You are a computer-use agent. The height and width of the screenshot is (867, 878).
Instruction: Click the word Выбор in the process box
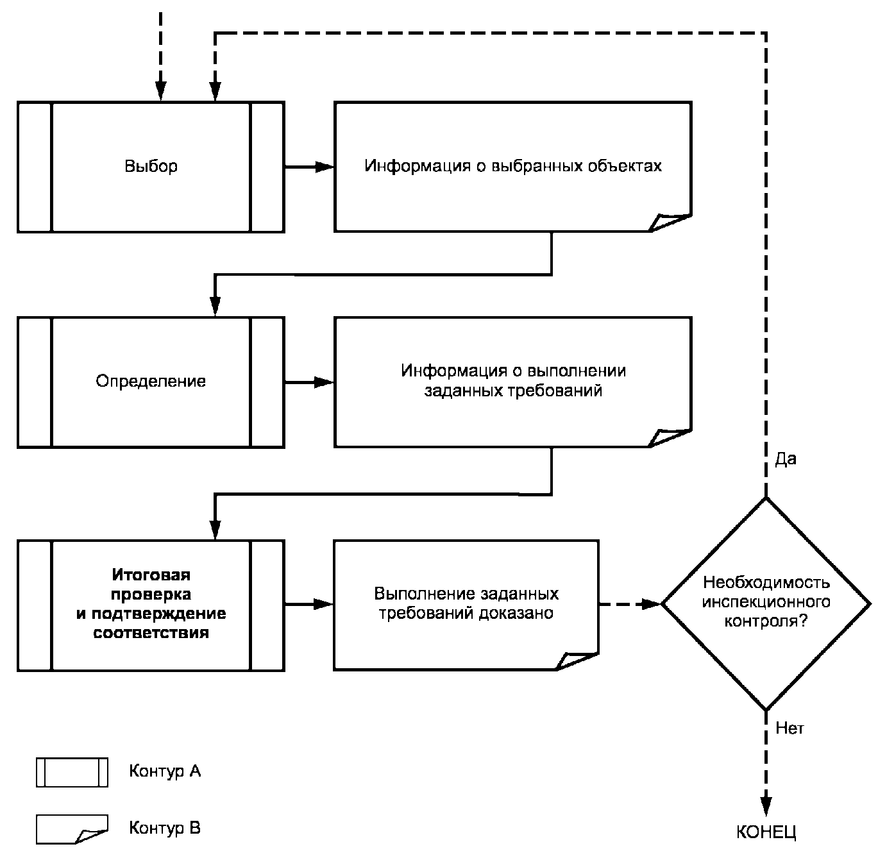(x=151, y=166)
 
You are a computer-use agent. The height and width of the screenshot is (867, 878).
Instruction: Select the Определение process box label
(x=151, y=381)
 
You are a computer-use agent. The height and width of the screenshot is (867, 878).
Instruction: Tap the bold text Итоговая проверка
(x=151, y=584)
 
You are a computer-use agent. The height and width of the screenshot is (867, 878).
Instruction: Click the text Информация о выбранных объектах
(x=513, y=166)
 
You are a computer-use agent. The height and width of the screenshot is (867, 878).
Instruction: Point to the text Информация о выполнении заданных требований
(x=513, y=380)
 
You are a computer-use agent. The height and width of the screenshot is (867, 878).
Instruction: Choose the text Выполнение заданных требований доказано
(x=466, y=603)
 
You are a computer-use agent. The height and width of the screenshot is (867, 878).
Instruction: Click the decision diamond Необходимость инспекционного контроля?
(x=766, y=603)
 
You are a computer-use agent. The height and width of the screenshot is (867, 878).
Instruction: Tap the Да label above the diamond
(x=786, y=459)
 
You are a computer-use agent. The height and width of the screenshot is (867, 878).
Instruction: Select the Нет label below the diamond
(x=789, y=728)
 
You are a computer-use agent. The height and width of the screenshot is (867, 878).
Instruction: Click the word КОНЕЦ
(x=766, y=833)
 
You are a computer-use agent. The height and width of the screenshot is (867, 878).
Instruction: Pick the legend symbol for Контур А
(x=72, y=772)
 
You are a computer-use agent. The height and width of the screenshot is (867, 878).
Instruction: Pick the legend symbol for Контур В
(x=72, y=829)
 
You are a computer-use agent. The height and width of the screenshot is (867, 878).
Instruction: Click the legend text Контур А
(x=165, y=771)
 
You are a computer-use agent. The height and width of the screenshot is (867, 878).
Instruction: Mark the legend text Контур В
(x=165, y=828)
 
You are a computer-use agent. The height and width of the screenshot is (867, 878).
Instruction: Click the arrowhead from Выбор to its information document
(x=325, y=167)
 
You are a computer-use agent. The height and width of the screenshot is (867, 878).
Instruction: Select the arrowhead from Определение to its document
(x=325, y=382)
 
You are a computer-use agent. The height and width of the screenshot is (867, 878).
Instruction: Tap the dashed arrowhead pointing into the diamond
(x=652, y=603)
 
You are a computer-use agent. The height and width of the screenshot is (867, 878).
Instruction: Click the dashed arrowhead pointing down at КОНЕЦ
(x=766, y=806)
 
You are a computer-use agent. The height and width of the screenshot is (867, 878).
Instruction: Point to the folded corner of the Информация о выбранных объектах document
(x=669, y=222)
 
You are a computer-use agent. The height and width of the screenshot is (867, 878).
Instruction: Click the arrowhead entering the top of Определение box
(x=215, y=307)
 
